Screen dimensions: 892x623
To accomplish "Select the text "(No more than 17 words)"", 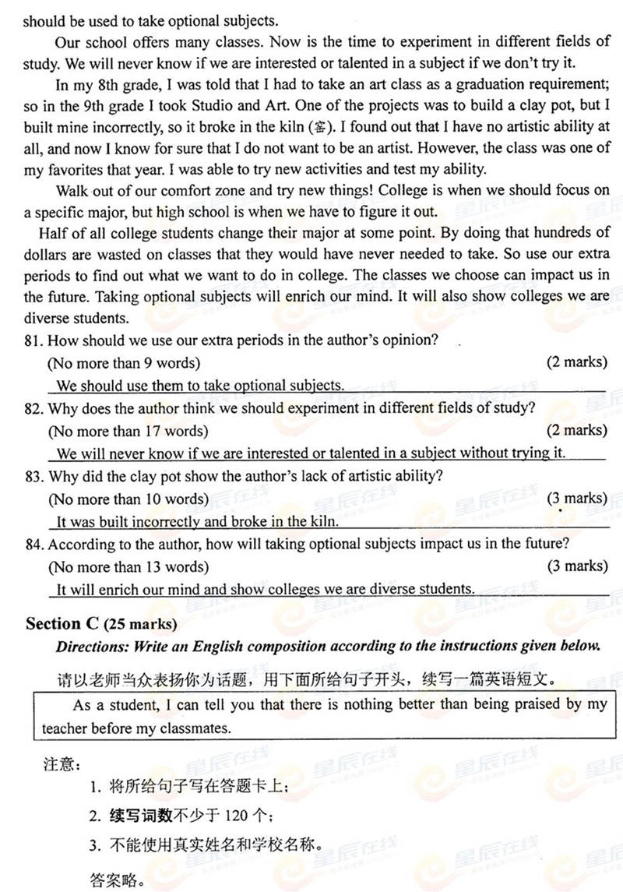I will [x=128, y=431].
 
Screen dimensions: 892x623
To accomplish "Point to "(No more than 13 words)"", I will [x=128, y=566].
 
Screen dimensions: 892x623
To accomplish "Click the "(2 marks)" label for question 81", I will [x=575, y=362].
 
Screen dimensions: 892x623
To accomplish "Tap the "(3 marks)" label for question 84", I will [x=575, y=566].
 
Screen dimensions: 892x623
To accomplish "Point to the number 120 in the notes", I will [x=234, y=816].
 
